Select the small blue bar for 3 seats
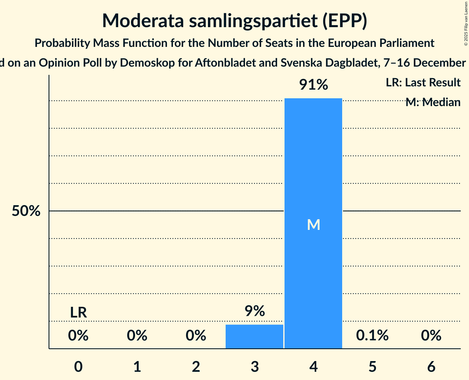[x=254, y=336]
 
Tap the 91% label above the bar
[x=313, y=85]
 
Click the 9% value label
[x=254, y=311]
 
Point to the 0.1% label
[x=372, y=336]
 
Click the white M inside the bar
[x=313, y=225]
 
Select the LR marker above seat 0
[x=78, y=313]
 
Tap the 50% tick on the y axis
[x=26, y=211]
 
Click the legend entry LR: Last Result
[x=423, y=83]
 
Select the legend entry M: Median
[x=433, y=102]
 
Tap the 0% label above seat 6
[x=431, y=336]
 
